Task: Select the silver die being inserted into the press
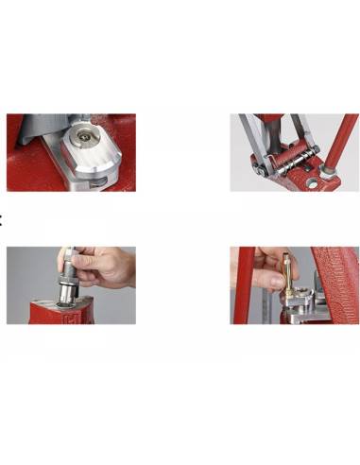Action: pyautogui.click(x=68, y=275)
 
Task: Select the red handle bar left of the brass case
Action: pyautogui.click(x=247, y=284)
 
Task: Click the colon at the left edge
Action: pyautogui.click(x=2, y=220)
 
